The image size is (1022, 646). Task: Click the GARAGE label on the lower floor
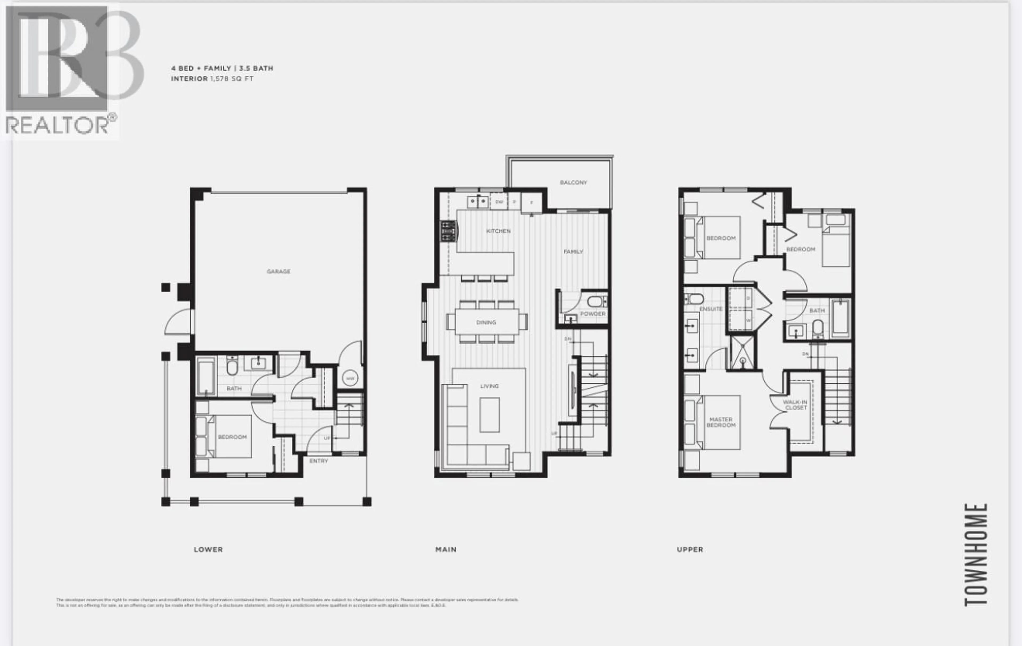[278, 271]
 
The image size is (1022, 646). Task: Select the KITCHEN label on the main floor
[498, 231]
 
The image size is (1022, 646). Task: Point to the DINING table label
[486, 322]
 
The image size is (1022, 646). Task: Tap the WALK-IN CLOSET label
[795, 405]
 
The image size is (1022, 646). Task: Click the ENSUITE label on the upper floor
[711, 309]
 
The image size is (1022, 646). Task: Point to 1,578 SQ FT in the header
[232, 79]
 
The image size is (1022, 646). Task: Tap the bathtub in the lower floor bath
[206, 376]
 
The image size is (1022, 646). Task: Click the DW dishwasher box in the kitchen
[499, 202]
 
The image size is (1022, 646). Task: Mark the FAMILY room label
[573, 252]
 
